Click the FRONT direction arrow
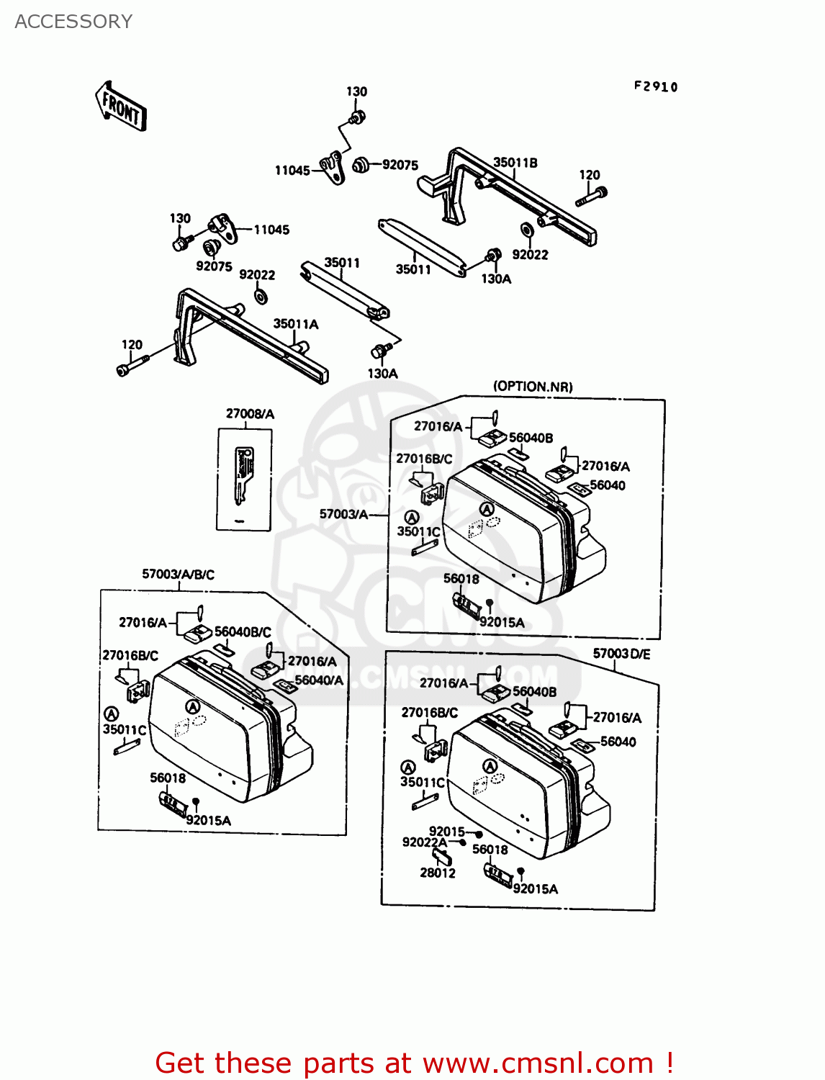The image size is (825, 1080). click(121, 107)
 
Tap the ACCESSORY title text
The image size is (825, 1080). click(73, 22)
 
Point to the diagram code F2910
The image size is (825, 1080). click(656, 86)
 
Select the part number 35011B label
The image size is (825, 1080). click(515, 163)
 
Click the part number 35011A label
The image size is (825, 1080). click(295, 324)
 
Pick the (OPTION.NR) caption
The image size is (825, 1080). click(533, 387)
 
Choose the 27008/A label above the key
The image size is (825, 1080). click(250, 413)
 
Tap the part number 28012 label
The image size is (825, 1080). click(438, 873)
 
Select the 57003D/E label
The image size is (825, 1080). click(621, 654)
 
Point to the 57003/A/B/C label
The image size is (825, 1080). click(178, 574)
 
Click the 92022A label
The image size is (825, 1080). click(424, 842)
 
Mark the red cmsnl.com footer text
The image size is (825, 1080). click(414, 1063)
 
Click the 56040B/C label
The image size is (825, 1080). click(243, 631)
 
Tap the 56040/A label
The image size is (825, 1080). click(319, 680)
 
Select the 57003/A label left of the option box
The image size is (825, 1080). click(343, 514)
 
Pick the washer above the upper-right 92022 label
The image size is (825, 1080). click(526, 230)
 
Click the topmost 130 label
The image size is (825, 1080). click(356, 91)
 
